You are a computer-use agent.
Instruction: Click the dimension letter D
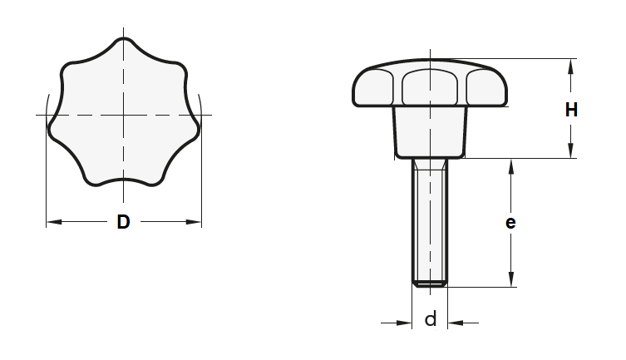coord(123,222)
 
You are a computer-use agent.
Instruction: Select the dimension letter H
coord(571,109)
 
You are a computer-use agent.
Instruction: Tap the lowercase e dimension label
coord(510,222)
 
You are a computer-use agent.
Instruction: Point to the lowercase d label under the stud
coord(430,319)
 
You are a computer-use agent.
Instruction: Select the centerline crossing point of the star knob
coord(123,113)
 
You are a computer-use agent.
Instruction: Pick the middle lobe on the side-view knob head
coord(430,86)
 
